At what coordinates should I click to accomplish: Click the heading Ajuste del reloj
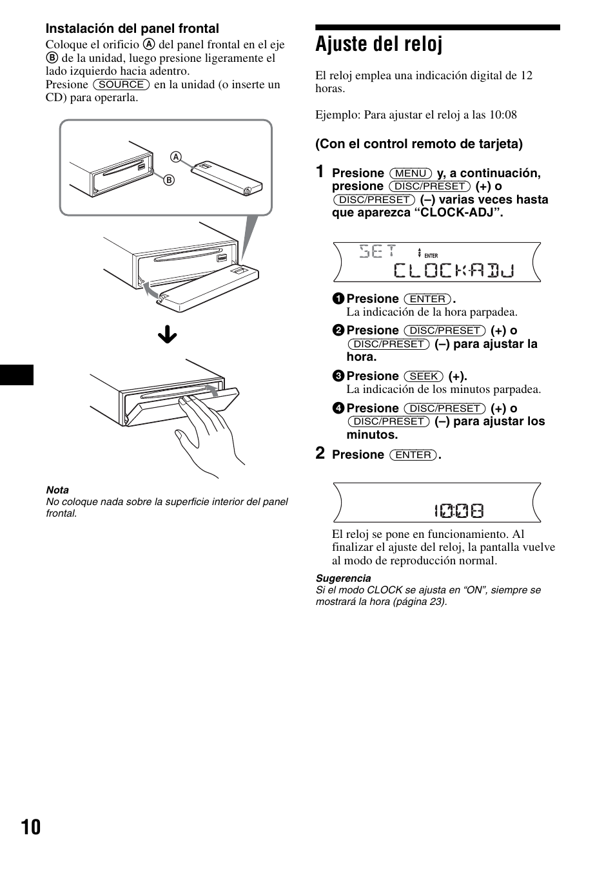[x=379, y=45]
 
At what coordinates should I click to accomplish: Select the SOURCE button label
[x=121, y=84]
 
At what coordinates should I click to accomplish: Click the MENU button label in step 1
[x=411, y=173]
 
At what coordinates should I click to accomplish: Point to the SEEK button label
[x=424, y=376]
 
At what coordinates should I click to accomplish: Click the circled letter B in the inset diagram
[x=170, y=180]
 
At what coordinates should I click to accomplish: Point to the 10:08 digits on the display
[x=458, y=512]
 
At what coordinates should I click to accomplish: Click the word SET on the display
[x=377, y=251]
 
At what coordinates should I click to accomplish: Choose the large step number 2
[x=320, y=454]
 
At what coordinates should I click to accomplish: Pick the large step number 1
[x=320, y=172]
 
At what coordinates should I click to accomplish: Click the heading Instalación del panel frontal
[x=132, y=28]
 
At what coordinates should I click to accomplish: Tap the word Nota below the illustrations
[x=57, y=490]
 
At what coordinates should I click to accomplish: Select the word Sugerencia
[x=343, y=578]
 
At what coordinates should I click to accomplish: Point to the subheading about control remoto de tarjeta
[x=419, y=144]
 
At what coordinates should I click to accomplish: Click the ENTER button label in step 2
[x=413, y=455]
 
